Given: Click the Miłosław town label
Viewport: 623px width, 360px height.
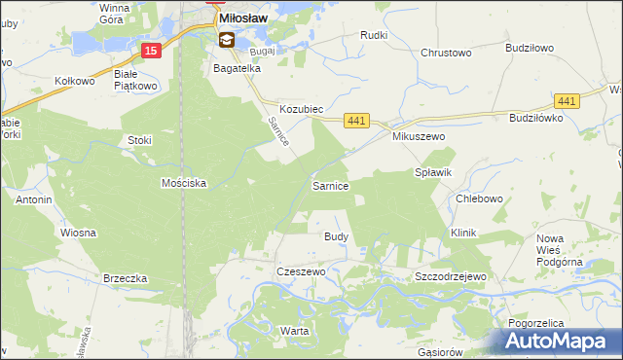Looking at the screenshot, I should pyautogui.click(x=244, y=18).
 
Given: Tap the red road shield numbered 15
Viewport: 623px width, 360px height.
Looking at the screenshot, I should pyautogui.click(x=149, y=51).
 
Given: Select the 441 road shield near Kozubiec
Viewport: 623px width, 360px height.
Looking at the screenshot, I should pyautogui.click(x=356, y=120).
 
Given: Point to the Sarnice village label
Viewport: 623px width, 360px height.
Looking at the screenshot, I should pyautogui.click(x=330, y=185).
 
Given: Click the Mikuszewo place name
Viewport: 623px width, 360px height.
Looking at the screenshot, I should pyautogui.click(x=419, y=137).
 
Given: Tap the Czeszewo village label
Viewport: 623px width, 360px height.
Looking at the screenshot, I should pyautogui.click(x=301, y=271).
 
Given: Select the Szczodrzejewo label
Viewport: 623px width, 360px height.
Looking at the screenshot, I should pyautogui.click(x=450, y=276).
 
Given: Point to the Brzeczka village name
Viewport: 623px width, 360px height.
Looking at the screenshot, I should pyautogui.click(x=125, y=278).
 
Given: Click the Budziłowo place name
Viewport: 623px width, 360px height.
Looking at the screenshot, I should pyautogui.click(x=530, y=47).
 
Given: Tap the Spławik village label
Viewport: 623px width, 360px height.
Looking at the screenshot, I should pyautogui.click(x=434, y=172).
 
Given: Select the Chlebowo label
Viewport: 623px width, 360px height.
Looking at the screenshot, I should pyautogui.click(x=479, y=199).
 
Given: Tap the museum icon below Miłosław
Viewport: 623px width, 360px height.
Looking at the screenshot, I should pyautogui.click(x=227, y=40).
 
